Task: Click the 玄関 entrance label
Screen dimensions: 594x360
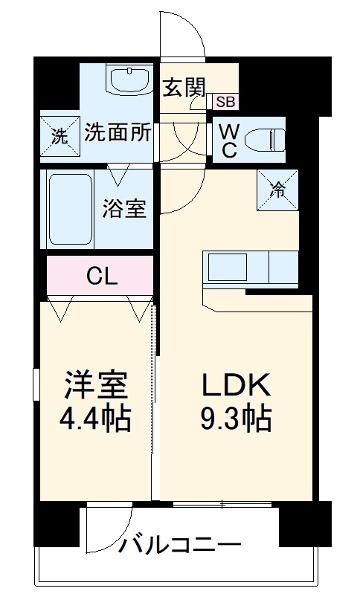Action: point(184,87)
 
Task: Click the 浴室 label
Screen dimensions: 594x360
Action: point(123,208)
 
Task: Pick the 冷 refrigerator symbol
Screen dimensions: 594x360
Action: point(277,189)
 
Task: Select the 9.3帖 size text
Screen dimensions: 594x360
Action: point(235,421)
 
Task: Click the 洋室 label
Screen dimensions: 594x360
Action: point(95,385)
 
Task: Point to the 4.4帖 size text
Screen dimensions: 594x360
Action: point(95,420)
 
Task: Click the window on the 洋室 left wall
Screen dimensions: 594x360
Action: point(36,387)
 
